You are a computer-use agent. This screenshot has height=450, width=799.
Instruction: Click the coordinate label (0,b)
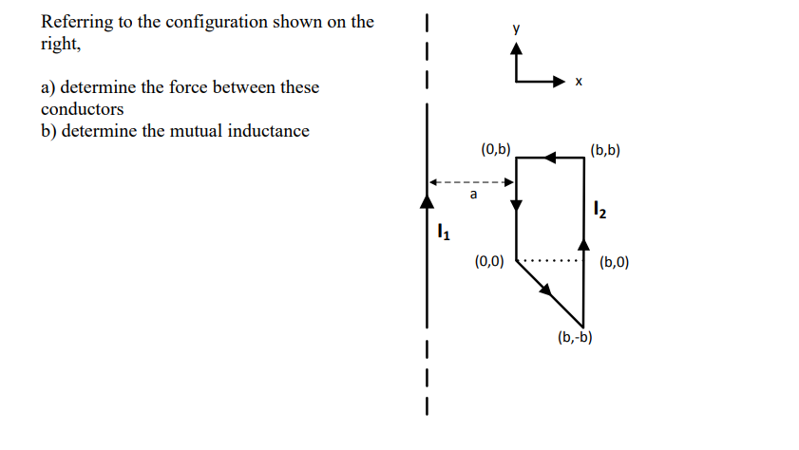pyautogui.click(x=496, y=149)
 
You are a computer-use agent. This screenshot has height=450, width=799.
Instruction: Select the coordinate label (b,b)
pyautogui.click(x=604, y=149)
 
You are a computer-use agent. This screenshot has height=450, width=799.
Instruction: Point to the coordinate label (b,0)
pyautogui.click(x=614, y=262)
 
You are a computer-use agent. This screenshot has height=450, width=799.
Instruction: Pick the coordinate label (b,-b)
pyautogui.click(x=576, y=336)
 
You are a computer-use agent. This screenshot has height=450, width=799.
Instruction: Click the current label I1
pyautogui.click(x=443, y=231)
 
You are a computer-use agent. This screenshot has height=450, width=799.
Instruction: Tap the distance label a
pyautogui.click(x=472, y=195)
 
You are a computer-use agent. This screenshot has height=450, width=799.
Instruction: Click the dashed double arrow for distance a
pyautogui.click(x=471, y=181)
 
